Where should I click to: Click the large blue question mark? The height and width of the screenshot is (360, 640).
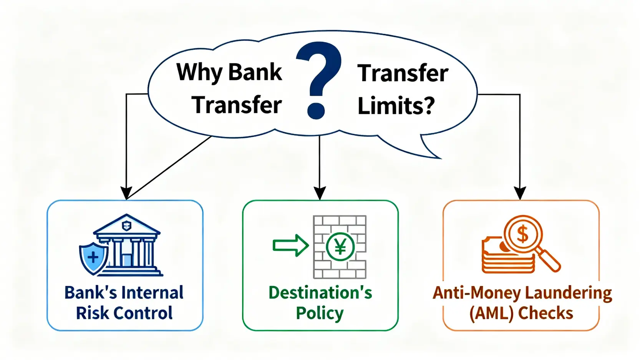click(318, 80)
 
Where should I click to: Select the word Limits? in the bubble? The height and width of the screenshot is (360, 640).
click(396, 105)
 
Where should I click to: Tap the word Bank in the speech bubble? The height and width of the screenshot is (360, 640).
click(255, 72)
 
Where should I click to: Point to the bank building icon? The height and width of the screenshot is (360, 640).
click(127, 245)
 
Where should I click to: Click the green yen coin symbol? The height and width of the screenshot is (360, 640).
click(340, 247)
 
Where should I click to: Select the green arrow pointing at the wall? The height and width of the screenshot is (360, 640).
click(290, 245)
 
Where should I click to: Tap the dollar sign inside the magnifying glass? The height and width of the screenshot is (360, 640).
click(522, 234)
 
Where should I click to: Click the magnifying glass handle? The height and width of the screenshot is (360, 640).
click(548, 260)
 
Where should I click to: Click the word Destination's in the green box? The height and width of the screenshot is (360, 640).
click(320, 292)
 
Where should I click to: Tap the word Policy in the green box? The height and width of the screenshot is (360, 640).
click(320, 314)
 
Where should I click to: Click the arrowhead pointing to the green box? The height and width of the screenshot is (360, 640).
click(320, 193)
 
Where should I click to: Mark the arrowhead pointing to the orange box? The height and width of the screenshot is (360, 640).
click(520, 193)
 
